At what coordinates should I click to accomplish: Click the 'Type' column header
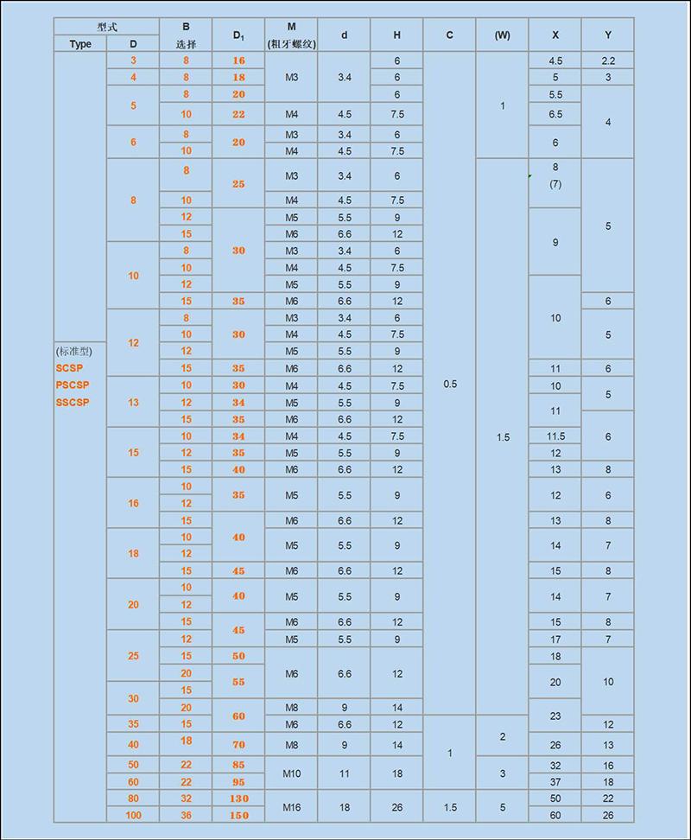coord(80,44)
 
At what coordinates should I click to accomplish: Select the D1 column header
coord(238,35)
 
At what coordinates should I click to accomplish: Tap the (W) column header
coord(502,35)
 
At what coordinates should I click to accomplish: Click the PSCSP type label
coord(73,385)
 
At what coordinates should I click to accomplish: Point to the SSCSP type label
coord(73,402)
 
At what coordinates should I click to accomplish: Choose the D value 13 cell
coord(133,402)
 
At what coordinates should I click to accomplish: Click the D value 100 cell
coord(133,815)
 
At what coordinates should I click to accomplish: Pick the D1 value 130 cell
coord(238,799)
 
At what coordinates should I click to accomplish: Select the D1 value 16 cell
coord(238,60)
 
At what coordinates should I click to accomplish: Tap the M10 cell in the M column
coord(291,773)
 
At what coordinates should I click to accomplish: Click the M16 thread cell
coord(291,807)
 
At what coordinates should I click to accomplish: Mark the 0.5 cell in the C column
coord(449,385)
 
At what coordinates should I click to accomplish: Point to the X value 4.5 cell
coord(555,60)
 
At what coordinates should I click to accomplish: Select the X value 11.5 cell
coord(555,436)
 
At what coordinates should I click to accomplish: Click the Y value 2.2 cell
coord(608,60)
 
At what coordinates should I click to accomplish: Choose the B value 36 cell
coord(186,815)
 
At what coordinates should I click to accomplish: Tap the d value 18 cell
coord(344,807)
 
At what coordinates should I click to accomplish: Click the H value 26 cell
coord(396,807)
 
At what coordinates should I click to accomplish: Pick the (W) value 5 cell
coord(502,807)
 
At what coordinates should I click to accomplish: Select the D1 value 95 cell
coord(238,782)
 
